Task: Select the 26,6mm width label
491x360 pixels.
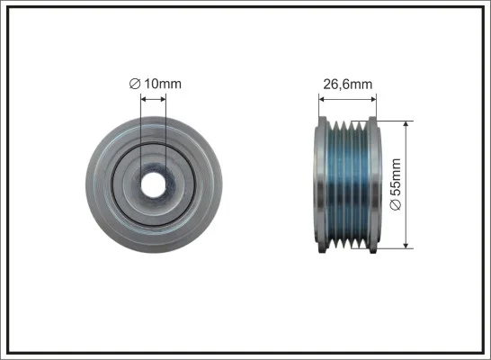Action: [348, 85]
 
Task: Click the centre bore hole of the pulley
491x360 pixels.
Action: [153, 184]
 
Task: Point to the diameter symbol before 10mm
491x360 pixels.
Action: [135, 84]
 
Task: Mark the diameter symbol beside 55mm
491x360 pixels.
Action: [396, 205]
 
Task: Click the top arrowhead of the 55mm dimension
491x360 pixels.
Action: [406, 124]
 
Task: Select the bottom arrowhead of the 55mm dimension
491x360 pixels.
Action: [406, 245]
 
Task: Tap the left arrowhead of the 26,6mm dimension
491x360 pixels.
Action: [322, 99]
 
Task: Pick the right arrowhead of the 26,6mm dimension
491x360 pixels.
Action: [372, 99]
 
